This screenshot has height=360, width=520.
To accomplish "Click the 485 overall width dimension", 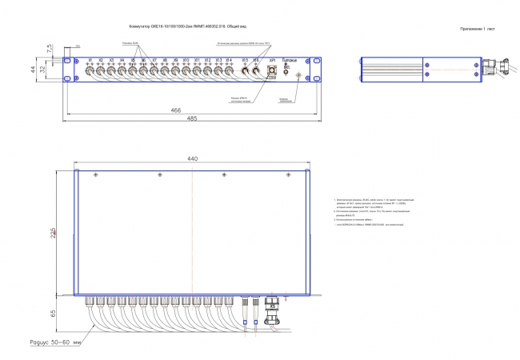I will [x=192, y=118].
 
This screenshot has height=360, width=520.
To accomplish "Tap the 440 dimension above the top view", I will [x=192, y=159].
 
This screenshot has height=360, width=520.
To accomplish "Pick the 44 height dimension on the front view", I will [x=45, y=70].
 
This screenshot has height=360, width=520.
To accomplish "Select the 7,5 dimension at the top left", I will [x=49, y=49].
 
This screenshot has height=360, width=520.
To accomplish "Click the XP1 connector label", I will [x=272, y=60].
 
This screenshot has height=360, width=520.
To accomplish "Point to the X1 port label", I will [x=90, y=60].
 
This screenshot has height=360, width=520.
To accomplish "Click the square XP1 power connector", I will [x=272, y=72].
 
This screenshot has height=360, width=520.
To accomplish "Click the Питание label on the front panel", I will [x=297, y=60].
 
